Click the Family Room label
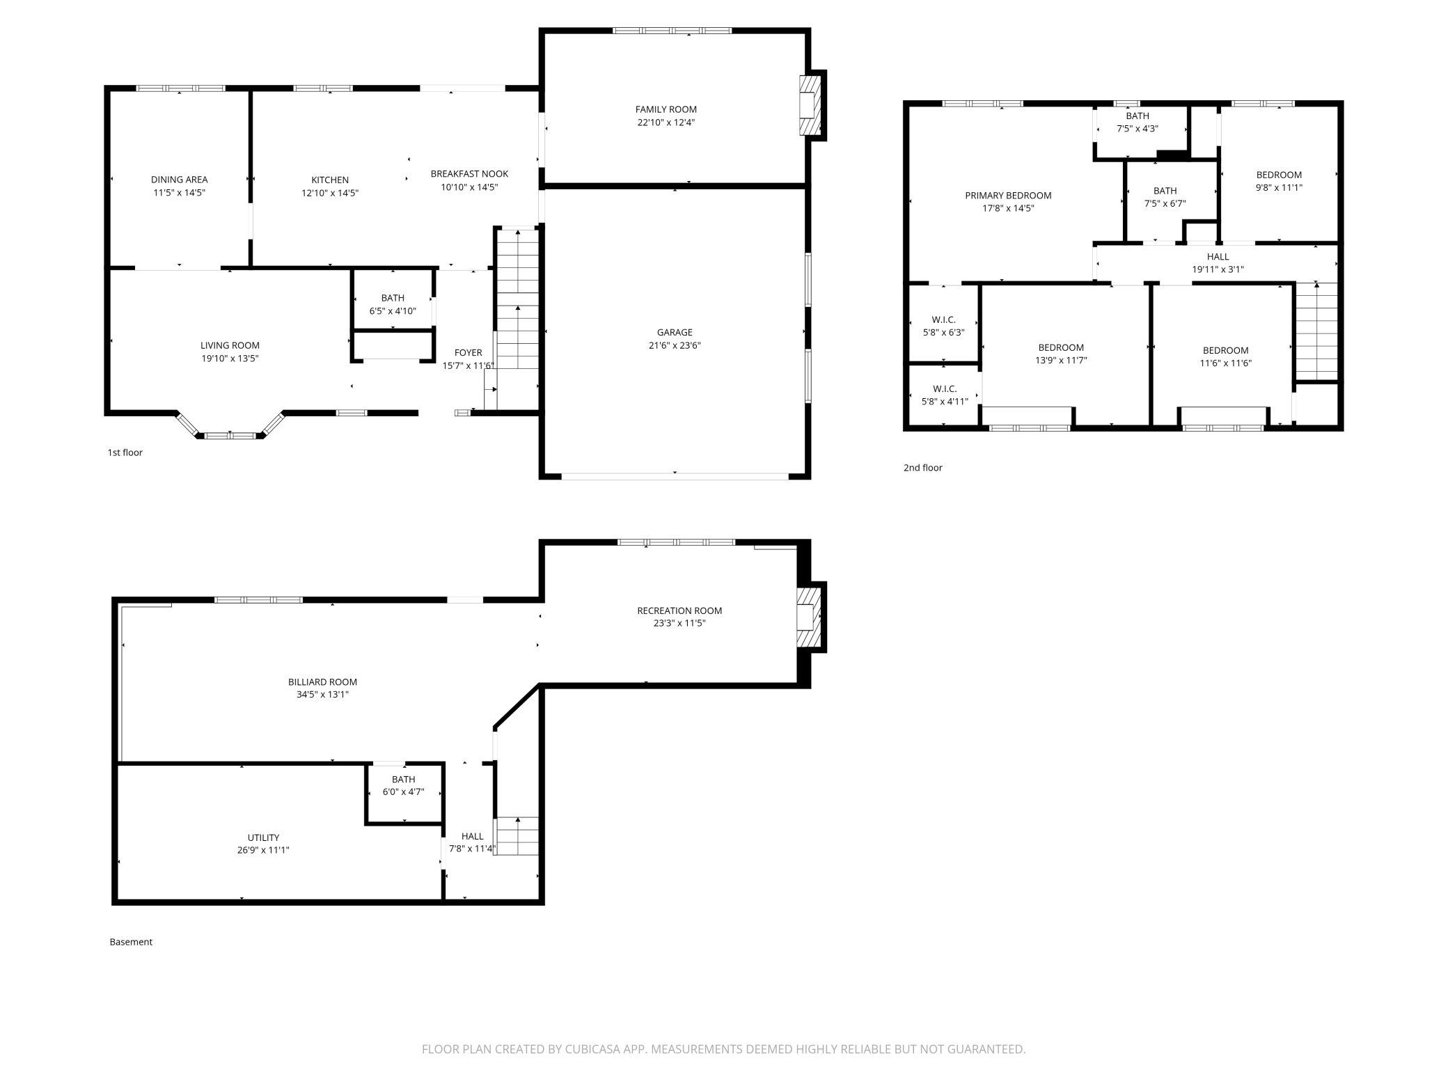tap(666, 109)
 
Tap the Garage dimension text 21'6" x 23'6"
tap(675, 345)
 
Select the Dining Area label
tap(179, 180)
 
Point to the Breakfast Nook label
tap(469, 174)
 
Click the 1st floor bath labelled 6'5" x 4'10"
tap(393, 304)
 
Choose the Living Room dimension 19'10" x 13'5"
tap(230, 359)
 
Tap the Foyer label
tap(468, 353)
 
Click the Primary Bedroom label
tap(1008, 196)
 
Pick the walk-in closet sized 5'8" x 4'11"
tap(945, 395)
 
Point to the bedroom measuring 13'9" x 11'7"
tap(1061, 354)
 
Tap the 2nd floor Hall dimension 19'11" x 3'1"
tap(1218, 269)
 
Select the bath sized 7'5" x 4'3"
tap(1138, 122)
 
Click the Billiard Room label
tap(322, 682)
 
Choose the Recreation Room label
tap(679, 611)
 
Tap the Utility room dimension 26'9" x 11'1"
tap(263, 850)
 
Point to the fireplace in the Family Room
tap(810, 105)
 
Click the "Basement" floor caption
tap(131, 942)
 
